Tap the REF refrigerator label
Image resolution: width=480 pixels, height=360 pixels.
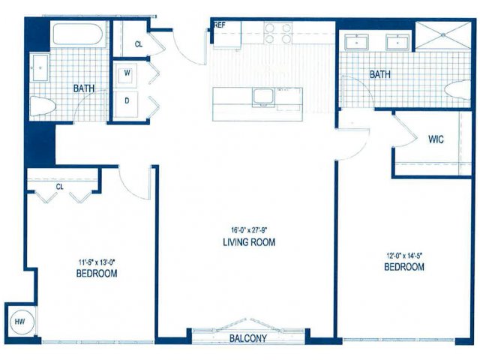(x=219, y=25)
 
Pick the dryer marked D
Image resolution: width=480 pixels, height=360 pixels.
(x=127, y=101)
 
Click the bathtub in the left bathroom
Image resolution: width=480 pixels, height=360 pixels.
(x=78, y=34)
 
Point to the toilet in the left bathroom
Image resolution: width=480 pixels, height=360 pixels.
(x=43, y=106)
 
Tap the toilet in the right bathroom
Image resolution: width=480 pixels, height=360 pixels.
(x=457, y=90)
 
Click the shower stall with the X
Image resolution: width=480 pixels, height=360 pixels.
(x=443, y=35)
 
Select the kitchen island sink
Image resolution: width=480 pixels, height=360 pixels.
(x=263, y=97)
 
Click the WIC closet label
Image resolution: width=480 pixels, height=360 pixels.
(x=436, y=139)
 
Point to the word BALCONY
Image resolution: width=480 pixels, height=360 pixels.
(x=248, y=338)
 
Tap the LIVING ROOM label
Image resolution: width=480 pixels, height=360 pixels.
(x=249, y=242)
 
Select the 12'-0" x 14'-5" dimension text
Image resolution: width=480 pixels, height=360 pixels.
(x=404, y=255)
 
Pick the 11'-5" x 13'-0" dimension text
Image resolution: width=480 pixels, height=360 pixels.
(x=97, y=262)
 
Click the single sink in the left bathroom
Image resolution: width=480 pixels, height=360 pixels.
(x=40, y=67)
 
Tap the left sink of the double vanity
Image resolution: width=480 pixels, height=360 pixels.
(x=357, y=42)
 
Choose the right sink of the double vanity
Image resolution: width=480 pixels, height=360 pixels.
(x=397, y=42)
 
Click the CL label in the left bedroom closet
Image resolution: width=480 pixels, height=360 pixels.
(x=60, y=187)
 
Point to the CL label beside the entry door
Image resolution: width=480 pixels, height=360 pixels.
(x=139, y=44)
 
